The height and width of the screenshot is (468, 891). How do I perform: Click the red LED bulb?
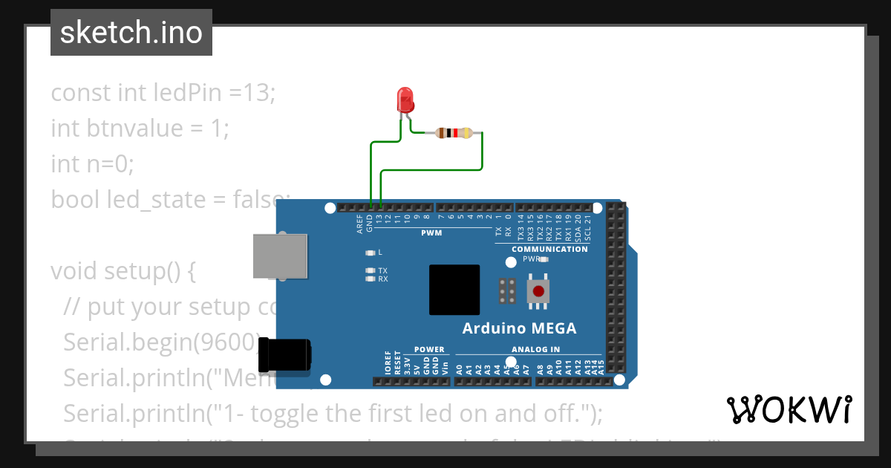405,99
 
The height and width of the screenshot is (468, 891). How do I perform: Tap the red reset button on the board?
538,292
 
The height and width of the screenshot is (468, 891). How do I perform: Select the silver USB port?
279,256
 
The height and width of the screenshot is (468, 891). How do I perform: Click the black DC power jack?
285,355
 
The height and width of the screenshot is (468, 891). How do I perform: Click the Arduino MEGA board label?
519,328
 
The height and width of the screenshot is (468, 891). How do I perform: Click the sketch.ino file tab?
131,33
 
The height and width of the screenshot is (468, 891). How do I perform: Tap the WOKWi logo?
789,409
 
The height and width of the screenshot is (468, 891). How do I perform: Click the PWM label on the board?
431,233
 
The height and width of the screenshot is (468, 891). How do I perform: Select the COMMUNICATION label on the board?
549,249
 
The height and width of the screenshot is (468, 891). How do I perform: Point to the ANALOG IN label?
535,349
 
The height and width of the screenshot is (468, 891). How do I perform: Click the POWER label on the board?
429,349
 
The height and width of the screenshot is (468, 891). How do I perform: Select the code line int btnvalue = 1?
140,129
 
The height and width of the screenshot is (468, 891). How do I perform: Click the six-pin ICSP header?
509,292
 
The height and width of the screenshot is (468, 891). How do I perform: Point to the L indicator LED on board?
370,253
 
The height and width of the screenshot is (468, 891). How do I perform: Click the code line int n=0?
93,163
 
